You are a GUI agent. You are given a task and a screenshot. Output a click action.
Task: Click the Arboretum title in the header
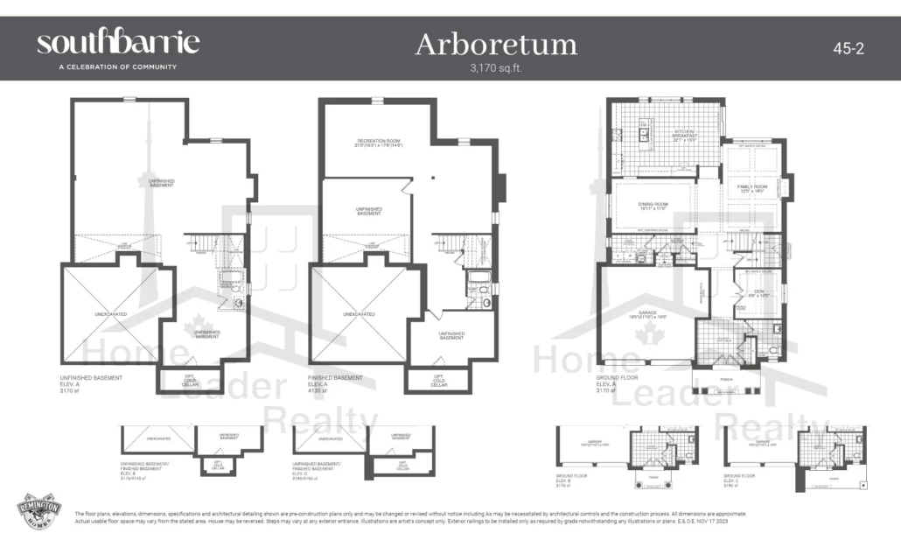click(495, 44)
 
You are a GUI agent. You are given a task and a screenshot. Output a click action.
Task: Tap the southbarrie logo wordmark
click(118, 42)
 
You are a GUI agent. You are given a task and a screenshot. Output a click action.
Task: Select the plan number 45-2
click(848, 49)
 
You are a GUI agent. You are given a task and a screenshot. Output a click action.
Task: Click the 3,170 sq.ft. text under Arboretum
click(495, 67)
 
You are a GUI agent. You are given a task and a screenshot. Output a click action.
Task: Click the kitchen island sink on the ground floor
click(644, 130)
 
